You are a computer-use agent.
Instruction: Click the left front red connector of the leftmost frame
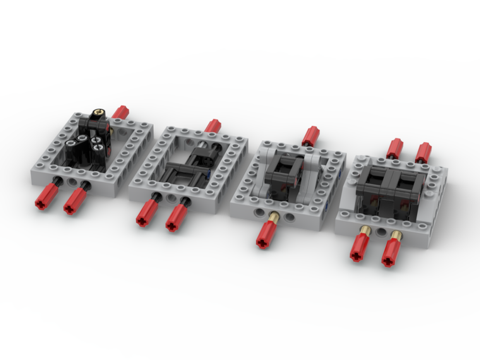pyautogui.click(x=47, y=197)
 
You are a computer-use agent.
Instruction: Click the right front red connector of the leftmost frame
pyautogui.click(x=74, y=202)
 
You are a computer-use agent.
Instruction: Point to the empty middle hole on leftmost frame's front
pyautogui.click(x=72, y=182)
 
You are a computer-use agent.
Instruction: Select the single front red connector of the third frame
pyautogui.click(x=266, y=236)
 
